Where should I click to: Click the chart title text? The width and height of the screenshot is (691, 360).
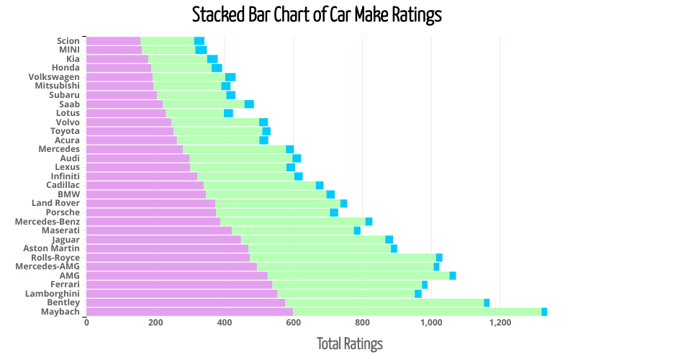click(x=317, y=14)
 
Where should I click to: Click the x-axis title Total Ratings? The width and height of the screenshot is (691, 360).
click(x=350, y=344)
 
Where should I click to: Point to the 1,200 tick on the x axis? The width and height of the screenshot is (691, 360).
click(x=500, y=323)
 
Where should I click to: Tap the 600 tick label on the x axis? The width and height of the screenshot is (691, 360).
click(x=293, y=323)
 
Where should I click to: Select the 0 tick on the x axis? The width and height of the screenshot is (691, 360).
click(x=86, y=323)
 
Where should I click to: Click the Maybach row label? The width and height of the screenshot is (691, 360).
click(x=60, y=312)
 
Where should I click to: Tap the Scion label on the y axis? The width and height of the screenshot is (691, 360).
click(x=68, y=41)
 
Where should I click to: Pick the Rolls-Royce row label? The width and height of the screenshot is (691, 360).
click(x=55, y=258)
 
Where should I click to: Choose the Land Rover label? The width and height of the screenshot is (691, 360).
click(x=57, y=203)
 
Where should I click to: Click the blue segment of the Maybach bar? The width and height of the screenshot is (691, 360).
click(x=544, y=312)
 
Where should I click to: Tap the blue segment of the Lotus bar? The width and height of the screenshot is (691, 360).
click(x=228, y=113)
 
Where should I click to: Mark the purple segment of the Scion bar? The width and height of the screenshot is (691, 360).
click(x=113, y=41)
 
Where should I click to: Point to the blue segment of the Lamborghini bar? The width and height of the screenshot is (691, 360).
click(x=418, y=294)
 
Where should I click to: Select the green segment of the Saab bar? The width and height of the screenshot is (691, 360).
click(x=204, y=104)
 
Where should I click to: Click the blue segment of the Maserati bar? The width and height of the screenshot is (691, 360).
click(x=357, y=230)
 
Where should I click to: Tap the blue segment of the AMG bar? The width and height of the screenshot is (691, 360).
click(x=453, y=276)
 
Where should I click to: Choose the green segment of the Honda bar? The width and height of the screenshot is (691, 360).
click(x=181, y=68)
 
